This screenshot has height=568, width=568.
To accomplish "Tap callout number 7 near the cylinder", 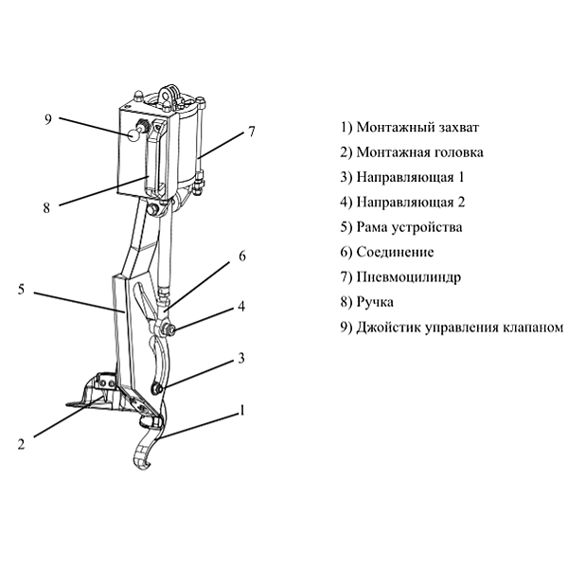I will coord(252,133).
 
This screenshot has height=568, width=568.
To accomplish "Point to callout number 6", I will coord(241,256).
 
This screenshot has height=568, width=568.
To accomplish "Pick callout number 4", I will coord(241,307).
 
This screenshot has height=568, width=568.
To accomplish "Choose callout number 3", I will coord(241,358).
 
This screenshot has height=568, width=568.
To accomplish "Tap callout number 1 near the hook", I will coord(242,411).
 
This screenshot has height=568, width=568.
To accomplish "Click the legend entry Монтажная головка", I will coord(420,151).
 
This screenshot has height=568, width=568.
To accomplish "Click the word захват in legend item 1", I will coord(459,127).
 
